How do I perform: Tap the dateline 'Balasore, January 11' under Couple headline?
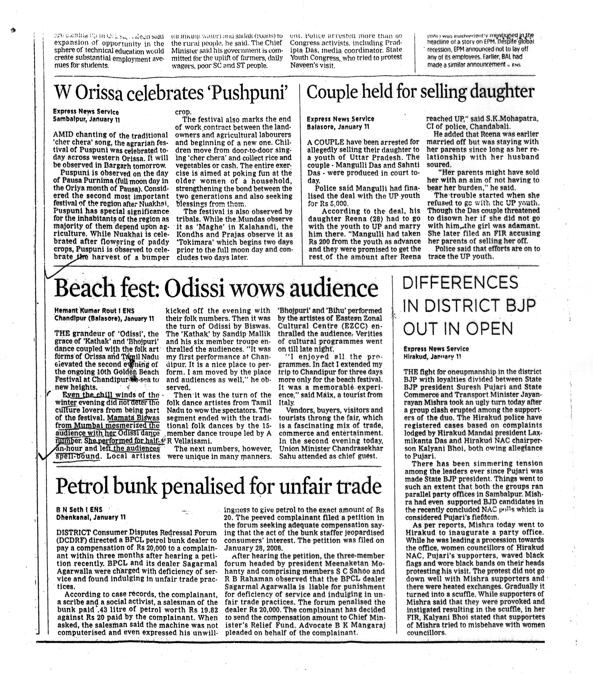pos(338,127)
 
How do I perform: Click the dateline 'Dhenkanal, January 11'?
pos(91,517)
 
